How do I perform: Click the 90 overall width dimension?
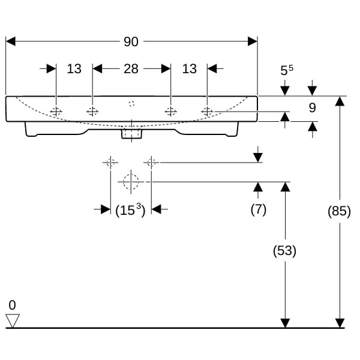(131, 41)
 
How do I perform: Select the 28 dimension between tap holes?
(131, 69)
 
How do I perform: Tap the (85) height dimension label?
(340, 211)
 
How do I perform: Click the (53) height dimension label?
(284, 251)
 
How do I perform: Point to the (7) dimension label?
(258, 209)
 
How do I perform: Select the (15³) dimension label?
(130, 210)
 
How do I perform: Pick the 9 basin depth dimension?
(311, 109)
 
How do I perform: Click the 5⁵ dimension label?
(286, 70)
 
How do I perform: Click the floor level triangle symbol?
(13, 320)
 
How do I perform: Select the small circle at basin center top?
(131, 104)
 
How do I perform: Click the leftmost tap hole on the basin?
(56, 112)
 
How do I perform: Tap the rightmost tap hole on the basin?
(207, 111)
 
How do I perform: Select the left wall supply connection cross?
(110, 162)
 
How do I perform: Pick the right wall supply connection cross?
(151, 162)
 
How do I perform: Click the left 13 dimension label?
(74, 69)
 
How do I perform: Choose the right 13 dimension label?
(189, 69)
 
